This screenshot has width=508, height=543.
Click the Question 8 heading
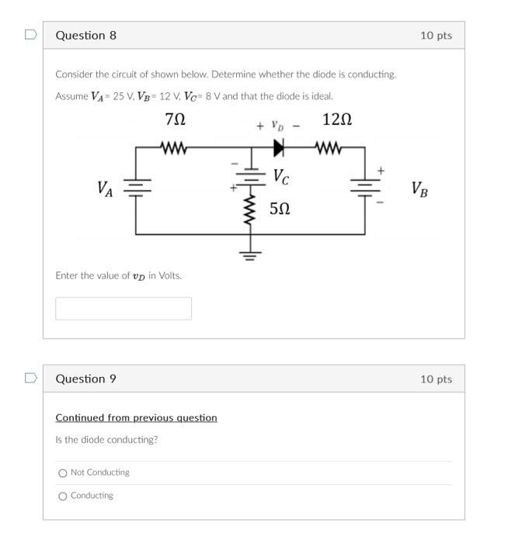pyautogui.click(x=86, y=36)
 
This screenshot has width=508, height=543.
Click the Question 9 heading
pyautogui.click(x=86, y=379)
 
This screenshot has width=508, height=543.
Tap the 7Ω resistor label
pyautogui.click(x=176, y=119)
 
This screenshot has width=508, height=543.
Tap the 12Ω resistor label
pyautogui.click(x=337, y=119)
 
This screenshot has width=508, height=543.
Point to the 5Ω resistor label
pyautogui.click(x=280, y=209)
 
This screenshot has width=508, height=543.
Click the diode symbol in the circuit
pyautogui.click(x=279, y=147)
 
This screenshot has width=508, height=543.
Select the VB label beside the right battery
pyautogui.click(x=419, y=188)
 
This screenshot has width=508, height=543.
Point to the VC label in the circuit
pyautogui.click(x=281, y=178)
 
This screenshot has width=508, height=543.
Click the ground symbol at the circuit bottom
pyautogui.click(x=250, y=253)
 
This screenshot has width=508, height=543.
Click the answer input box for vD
pyautogui.click(x=124, y=308)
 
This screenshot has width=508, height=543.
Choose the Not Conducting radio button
pyautogui.click(x=62, y=473)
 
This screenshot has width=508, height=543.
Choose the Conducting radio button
pyautogui.click(x=62, y=496)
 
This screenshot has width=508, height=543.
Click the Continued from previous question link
pyautogui.click(x=136, y=418)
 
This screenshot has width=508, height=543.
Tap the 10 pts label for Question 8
pyautogui.click(x=436, y=36)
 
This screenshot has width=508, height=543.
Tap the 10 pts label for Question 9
pyautogui.click(x=436, y=379)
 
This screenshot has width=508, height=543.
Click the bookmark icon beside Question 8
pyautogui.click(x=30, y=35)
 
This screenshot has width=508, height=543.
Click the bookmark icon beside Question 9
pyautogui.click(x=30, y=379)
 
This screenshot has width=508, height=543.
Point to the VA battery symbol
pyautogui.click(x=137, y=188)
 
